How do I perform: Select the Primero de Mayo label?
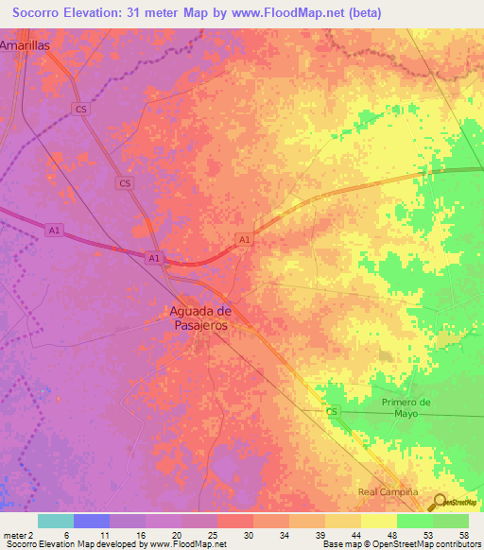pos(406,407)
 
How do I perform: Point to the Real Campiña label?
pos(389,492)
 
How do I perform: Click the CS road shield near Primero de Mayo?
pos(332,412)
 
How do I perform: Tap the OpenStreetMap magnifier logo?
pos(441,502)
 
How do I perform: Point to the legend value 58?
pos(463,534)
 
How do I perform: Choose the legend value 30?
pos(249,534)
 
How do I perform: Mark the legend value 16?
pos(141,534)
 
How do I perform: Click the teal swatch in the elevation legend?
pos(56,521)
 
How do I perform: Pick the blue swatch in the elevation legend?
pos(92,521)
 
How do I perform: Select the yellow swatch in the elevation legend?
pos(379,521)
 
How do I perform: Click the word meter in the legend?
pos(15,534)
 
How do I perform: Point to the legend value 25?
pos(213,534)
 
